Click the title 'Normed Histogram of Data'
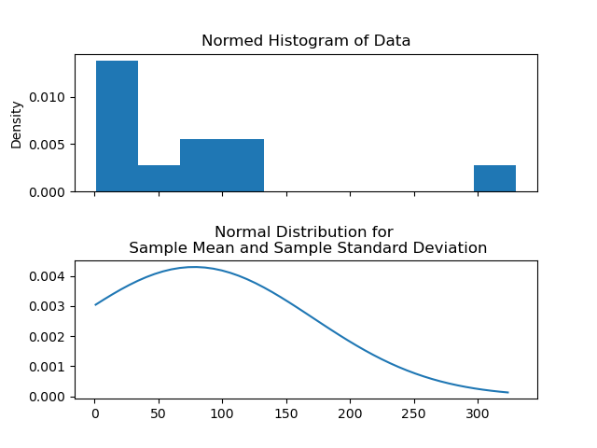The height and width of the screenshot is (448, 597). [306, 41]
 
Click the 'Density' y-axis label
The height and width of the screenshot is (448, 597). [16, 124]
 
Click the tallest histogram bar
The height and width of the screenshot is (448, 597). [117, 126]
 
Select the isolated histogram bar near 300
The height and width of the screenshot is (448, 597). [494, 178]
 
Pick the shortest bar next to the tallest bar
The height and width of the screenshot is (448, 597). [159, 178]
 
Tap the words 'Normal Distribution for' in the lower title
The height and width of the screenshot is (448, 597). [304, 232]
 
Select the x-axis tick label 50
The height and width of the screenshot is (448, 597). [159, 413]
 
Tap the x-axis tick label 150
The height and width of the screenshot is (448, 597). [286, 413]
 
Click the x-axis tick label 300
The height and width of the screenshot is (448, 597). [478, 413]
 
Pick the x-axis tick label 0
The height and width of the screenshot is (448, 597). [95, 413]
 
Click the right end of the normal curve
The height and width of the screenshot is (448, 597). [507, 392]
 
